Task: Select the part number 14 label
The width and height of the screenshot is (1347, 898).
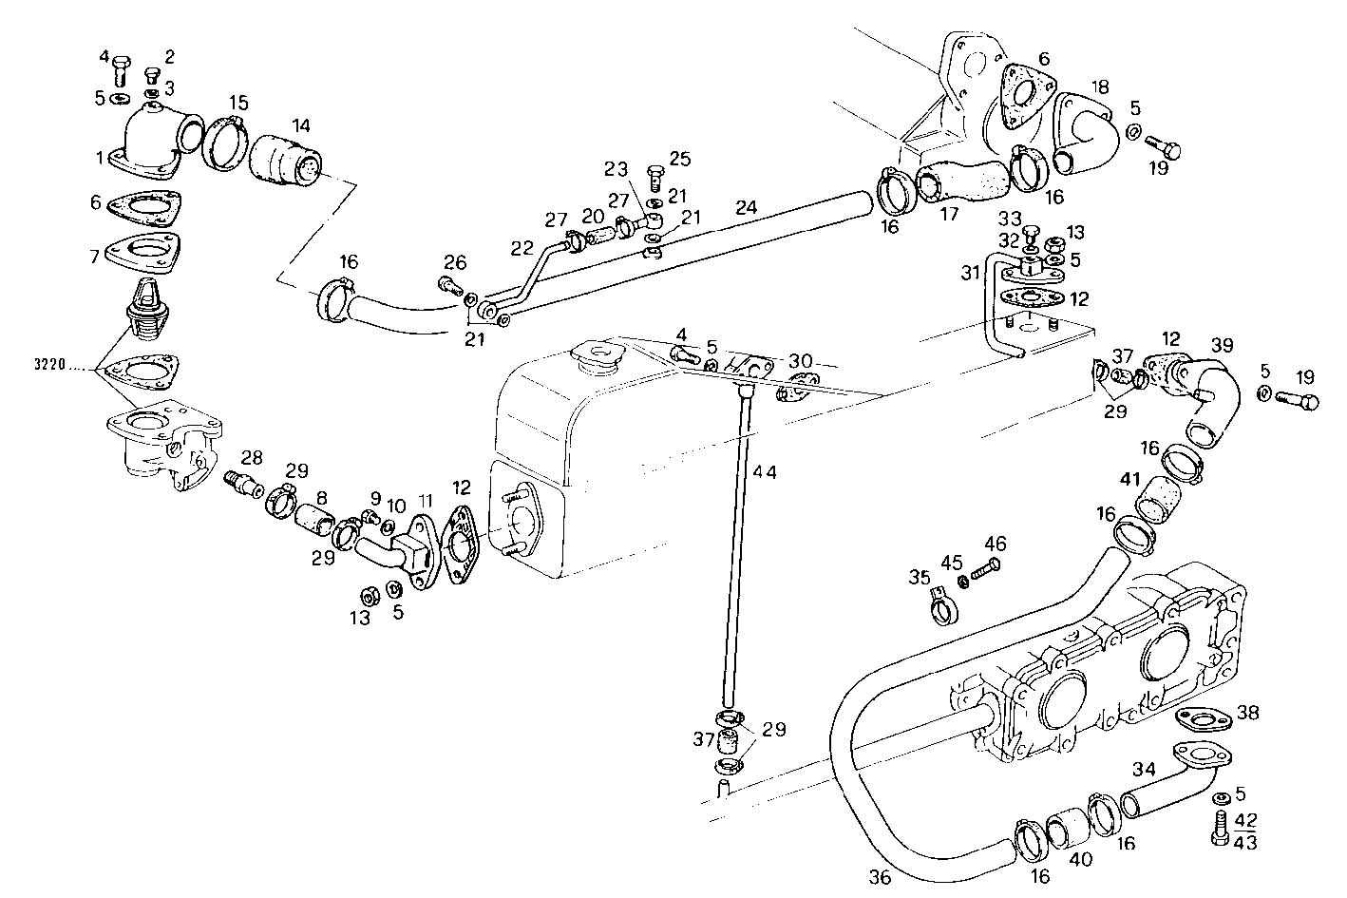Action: tap(300, 124)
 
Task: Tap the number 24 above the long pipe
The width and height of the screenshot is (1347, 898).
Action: tap(747, 205)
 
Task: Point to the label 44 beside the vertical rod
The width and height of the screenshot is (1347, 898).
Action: tap(764, 471)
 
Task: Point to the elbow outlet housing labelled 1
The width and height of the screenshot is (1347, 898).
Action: tap(152, 147)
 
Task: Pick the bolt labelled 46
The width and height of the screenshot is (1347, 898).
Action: tap(986, 570)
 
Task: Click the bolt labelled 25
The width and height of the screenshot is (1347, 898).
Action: tap(654, 176)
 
